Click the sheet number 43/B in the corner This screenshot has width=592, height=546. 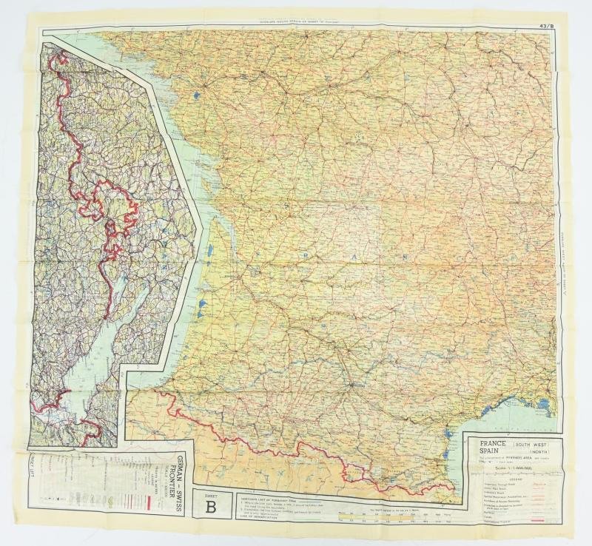pyautogui.click(x=546, y=27)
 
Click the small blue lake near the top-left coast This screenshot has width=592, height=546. pyautogui.click(x=194, y=95)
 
